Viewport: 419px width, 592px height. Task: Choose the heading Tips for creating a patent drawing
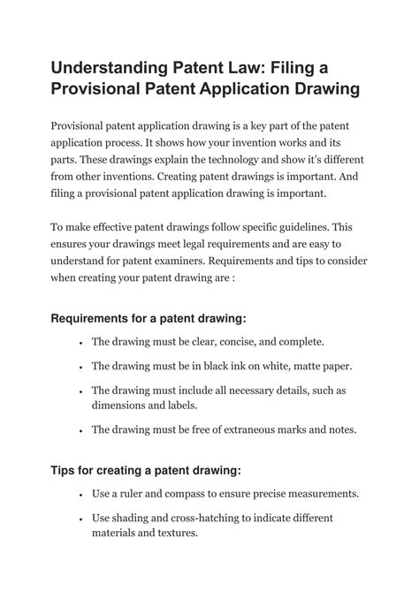[146, 469]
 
